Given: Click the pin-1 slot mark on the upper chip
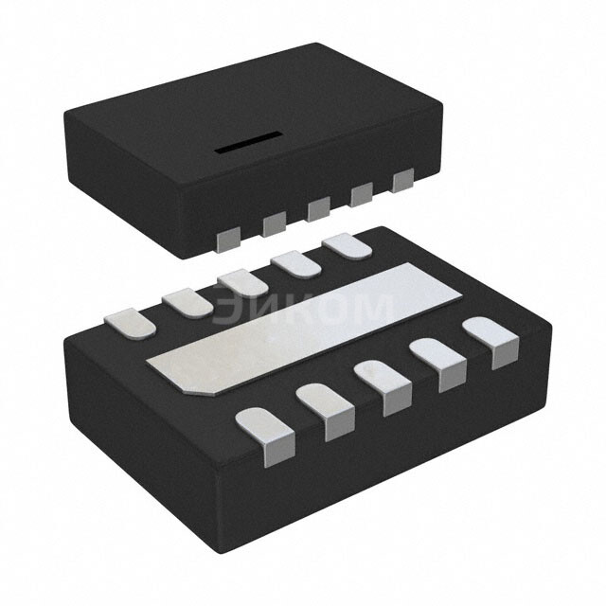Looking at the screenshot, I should point(245,144).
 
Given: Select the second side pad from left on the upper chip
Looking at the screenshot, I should point(274,223).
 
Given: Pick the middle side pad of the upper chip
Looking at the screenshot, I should point(318,208).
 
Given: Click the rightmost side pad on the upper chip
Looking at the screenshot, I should point(403,180).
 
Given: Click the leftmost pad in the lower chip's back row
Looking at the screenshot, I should point(130,321).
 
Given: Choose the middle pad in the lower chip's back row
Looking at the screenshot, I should point(241,281).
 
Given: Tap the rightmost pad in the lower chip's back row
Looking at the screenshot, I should point(346,245).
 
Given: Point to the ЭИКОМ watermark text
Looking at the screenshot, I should point(302,308).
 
